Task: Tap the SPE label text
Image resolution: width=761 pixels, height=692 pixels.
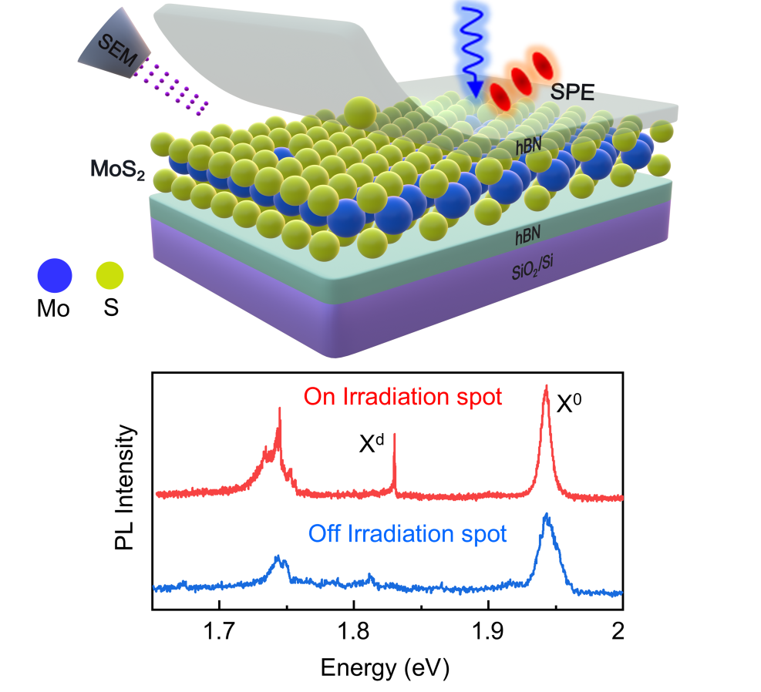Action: tap(572, 92)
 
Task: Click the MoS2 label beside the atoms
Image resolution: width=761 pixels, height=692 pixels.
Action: tap(117, 170)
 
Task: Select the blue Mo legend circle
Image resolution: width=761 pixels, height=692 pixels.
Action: tap(55, 275)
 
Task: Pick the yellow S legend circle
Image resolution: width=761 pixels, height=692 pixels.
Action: tap(109, 275)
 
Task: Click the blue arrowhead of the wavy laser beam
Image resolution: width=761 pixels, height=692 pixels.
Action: tap(475, 89)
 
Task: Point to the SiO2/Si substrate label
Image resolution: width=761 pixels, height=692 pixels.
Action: tap(533, 267)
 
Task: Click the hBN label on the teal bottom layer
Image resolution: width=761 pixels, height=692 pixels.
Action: tap(527, 236)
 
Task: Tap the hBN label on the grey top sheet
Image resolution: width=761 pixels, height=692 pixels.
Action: tap(528, 145)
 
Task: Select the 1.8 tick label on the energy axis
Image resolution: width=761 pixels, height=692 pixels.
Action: tap(354, 631)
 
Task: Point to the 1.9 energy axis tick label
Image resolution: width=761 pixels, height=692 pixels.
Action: tap(488, 631)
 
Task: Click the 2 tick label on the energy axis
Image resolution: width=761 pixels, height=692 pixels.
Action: tap(618, 631)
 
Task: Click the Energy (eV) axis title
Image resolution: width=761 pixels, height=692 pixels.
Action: tap(385, 668)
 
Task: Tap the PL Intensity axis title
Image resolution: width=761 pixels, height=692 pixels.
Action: tap(125, 487)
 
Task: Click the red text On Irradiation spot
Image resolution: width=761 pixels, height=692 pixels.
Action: tap(402, 397)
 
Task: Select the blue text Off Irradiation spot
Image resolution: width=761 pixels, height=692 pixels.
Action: tap(407, 534)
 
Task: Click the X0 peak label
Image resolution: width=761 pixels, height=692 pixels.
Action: tap(568, 403)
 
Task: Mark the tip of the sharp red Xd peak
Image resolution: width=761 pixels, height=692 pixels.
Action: tap(394, 434)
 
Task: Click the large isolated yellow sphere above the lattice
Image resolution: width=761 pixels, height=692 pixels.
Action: tap(360, 113)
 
